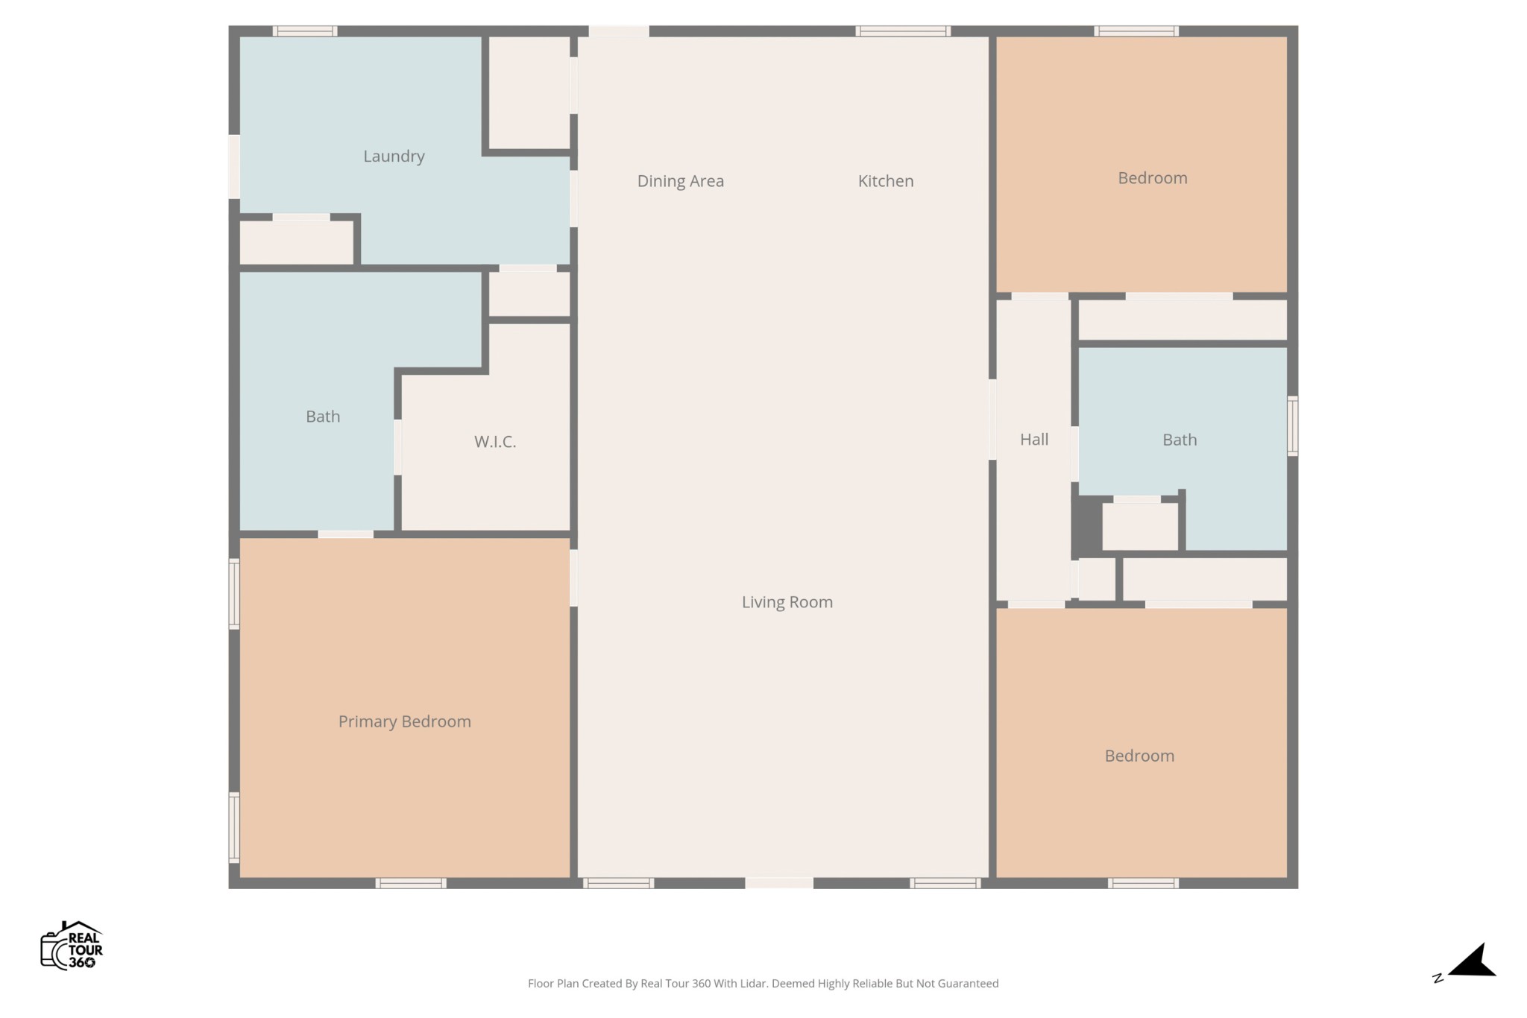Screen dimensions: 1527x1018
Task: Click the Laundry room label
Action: [x=394, y=157]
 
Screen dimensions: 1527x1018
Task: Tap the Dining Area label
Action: [x=680, y=181]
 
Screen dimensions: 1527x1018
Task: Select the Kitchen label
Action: [x=885, y=181]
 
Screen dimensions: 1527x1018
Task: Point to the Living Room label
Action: [x=787, y=602]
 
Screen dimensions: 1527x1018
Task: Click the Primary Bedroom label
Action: [x=404, y=721]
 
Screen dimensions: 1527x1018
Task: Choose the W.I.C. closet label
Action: [x=495, y=442]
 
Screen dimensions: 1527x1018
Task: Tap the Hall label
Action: [x=1034, y=440]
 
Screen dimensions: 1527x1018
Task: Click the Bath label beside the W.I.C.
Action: [x=323, y=417]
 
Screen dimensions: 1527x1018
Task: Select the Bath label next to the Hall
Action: [x=1180, y=440]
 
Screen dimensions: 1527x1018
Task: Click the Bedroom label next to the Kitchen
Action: [x=1152, y=178]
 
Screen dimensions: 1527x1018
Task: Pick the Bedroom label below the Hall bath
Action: [x=1139, y=756]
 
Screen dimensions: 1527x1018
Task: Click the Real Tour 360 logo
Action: [x=72, y=945]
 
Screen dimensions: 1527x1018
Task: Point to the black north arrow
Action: [x=1473, y=961]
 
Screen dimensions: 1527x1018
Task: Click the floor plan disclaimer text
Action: [x=763, y=984]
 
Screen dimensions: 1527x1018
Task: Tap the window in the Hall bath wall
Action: [x=1293, y=426]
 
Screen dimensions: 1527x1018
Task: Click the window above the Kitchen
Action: [x=902, y=31]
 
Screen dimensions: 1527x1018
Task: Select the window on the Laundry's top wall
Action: [x=304, y=31]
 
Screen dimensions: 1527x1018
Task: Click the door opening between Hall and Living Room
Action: [x=992, y=420]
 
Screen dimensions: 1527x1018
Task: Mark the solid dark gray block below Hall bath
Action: [x=1086, y=526]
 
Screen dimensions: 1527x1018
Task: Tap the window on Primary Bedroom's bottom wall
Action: [x=411, y=883]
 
